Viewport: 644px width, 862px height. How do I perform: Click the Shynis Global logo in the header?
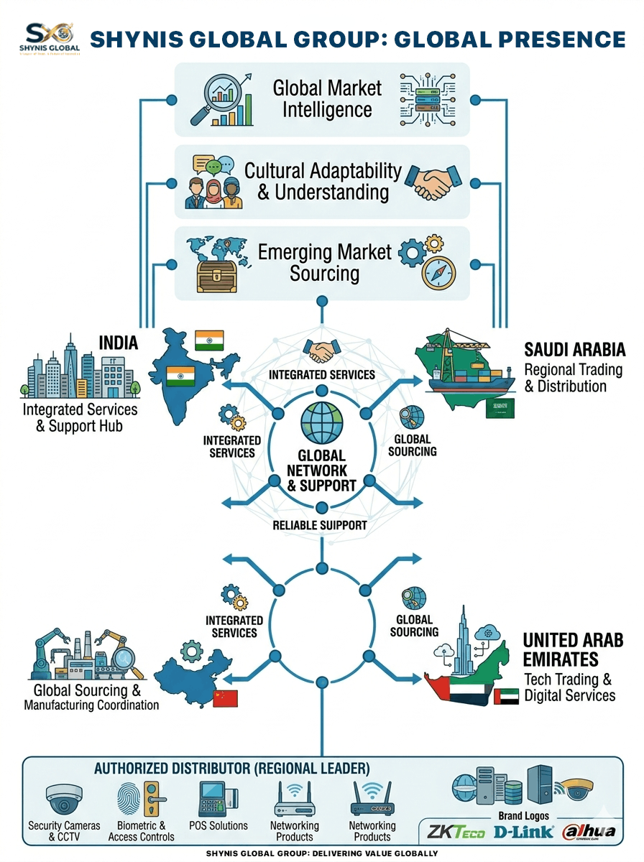[49, 37]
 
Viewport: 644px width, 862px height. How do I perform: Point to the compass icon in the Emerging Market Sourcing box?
[438, 274]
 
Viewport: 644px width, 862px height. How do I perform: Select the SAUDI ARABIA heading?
[574, 350]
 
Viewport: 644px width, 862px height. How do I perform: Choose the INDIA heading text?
[119, 343]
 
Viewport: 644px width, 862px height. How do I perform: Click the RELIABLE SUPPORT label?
[321, 525]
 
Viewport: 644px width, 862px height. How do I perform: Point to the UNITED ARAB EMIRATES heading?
[573, 649]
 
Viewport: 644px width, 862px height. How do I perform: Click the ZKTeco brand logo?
[456, 833]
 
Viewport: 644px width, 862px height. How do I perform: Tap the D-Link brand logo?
[524, 833]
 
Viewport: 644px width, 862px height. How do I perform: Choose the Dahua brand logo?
[589, 832]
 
